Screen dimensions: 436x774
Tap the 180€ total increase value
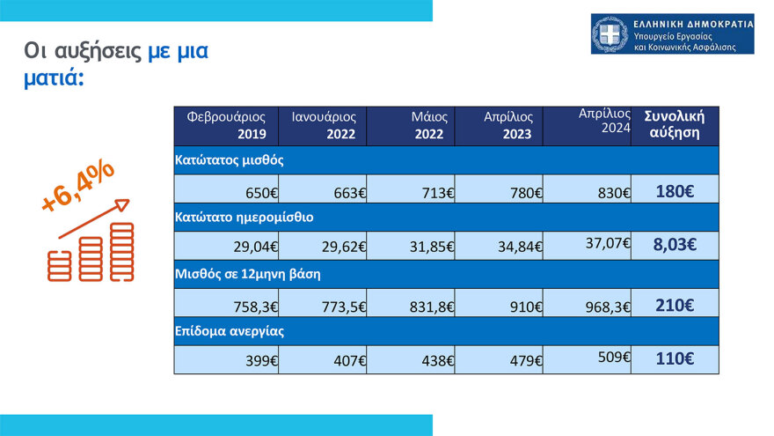tap(675, 190)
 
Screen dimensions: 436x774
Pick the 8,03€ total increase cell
tap(675, 245)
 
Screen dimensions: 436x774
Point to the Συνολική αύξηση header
tap(675, 124)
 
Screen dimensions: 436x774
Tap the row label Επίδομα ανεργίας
tap(230, 331)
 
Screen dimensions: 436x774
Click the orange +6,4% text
tap(78, 188)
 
